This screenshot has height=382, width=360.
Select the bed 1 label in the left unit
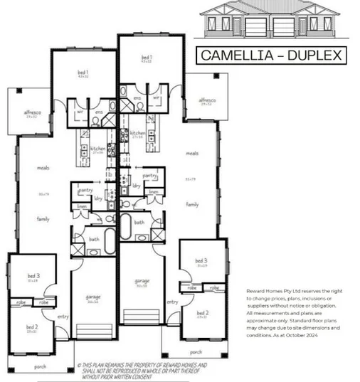(x=83, y=73)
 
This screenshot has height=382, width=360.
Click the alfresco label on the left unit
(x=31, y=112)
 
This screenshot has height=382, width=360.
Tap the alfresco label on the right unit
(x=206, y=100)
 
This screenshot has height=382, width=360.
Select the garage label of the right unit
(x=142, y=281)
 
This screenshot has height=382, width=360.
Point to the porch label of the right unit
(x=196, y=351)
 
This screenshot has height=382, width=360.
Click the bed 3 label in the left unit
(x=33, y=276)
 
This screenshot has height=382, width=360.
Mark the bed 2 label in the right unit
(x=203, y=313)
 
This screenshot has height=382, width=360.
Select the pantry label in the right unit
(x=149, y=174)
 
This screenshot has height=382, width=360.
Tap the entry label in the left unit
(x=63, y=317)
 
